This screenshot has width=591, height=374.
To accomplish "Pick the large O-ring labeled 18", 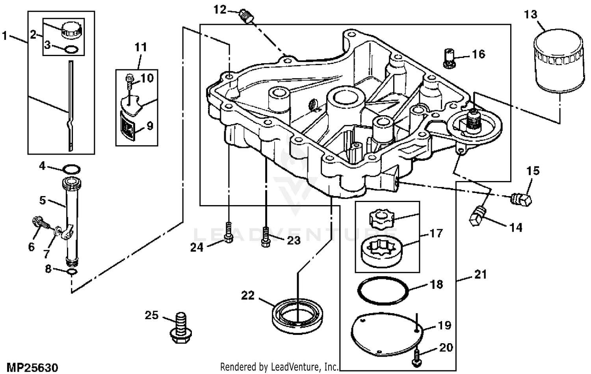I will [382, 291].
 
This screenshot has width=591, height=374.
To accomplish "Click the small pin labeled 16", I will [450, 58].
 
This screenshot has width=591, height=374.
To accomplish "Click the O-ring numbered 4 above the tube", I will [72, 170].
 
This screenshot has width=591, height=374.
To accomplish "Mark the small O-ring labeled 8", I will [71, 273].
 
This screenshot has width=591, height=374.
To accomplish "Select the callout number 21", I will [480, 274].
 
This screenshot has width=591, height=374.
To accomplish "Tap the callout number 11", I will [141, 47].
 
